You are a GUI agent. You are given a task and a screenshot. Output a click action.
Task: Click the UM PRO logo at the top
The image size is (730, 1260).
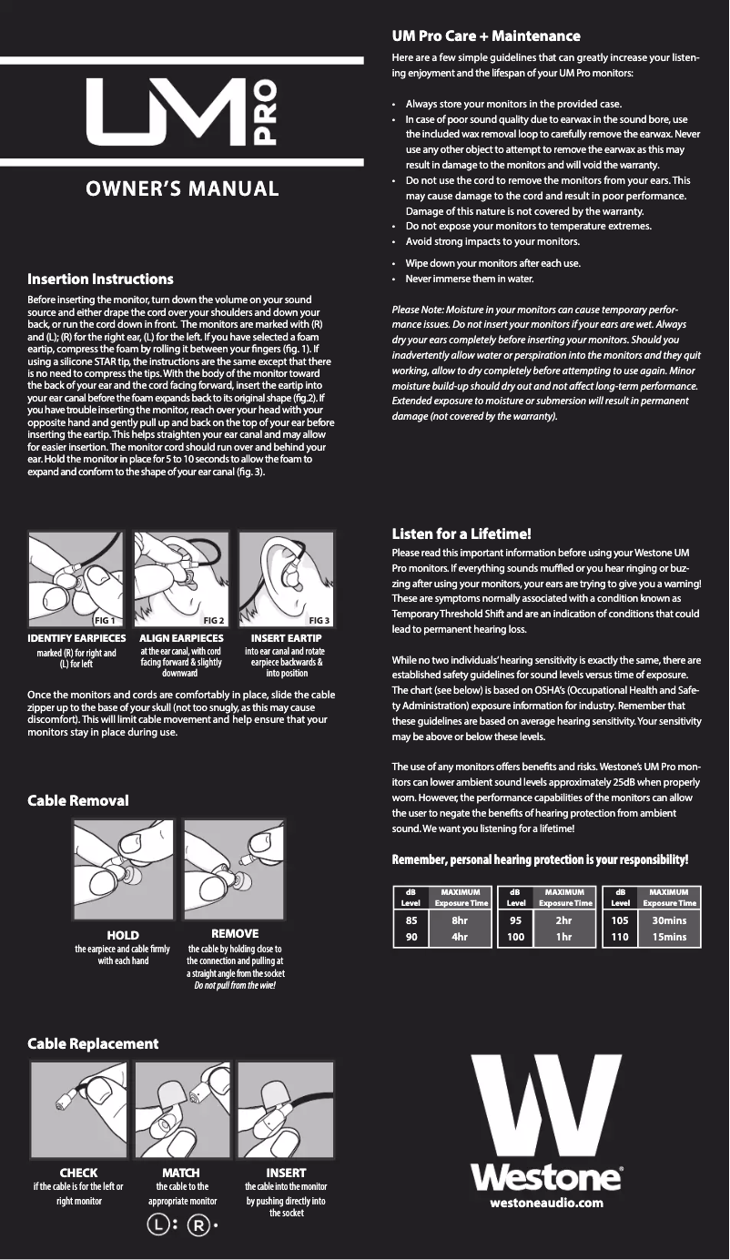181,113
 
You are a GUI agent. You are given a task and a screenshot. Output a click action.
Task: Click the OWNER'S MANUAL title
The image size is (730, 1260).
182,189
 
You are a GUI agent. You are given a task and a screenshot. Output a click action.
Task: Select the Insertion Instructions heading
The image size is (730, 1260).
100,279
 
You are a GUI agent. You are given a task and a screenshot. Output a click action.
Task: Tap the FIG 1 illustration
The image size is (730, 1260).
77,580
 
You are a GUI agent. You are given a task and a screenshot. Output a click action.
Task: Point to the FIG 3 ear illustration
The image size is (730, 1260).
286,580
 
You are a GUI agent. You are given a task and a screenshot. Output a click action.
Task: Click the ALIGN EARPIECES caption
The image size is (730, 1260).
181,639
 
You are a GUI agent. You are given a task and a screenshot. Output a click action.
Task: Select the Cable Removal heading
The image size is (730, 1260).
78,800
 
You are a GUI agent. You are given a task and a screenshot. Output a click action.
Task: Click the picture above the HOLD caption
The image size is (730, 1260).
123,870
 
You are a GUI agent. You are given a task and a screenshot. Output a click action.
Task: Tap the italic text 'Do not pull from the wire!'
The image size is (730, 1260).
235,986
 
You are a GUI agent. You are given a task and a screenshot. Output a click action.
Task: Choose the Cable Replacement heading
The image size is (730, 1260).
93,1043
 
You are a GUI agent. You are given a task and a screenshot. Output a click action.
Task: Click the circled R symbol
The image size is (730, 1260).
197,1225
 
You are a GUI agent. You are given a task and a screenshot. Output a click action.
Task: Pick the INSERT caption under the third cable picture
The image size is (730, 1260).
286,1173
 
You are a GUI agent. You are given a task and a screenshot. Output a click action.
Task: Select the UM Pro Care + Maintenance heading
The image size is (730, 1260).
485,36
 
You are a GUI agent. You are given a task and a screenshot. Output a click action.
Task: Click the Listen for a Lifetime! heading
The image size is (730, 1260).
461,533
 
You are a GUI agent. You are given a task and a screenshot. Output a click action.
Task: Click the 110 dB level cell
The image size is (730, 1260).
620,935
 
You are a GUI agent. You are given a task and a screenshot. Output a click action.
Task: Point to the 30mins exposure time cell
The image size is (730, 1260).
669,920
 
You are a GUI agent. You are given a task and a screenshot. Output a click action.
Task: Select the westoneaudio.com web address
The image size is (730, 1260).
546,1203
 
